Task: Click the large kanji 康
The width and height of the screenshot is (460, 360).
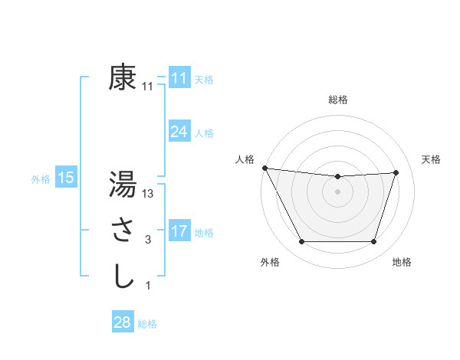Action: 123,78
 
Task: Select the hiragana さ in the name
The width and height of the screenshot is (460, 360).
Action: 123,230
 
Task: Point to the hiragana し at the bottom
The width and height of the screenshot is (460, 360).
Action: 123,275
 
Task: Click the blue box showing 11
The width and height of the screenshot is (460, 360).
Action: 179,78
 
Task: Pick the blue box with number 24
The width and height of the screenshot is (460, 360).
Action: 179,132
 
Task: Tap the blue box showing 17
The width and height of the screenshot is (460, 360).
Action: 179,231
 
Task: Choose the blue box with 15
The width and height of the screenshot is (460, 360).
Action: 65,178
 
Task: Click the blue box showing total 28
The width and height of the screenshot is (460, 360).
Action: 122,322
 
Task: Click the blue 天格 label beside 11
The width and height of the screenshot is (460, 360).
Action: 203,80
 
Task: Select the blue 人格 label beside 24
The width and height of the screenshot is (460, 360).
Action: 203,133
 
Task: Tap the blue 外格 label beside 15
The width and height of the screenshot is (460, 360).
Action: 41,179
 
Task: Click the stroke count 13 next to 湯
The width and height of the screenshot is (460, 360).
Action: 148,195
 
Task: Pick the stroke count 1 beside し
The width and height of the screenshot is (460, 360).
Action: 147,286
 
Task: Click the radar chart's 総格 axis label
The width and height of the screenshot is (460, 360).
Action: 337,100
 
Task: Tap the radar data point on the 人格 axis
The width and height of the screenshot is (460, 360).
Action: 264,168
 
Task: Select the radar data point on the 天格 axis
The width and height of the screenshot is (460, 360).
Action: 396,172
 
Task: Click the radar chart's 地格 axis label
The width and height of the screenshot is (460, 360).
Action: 402,263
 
